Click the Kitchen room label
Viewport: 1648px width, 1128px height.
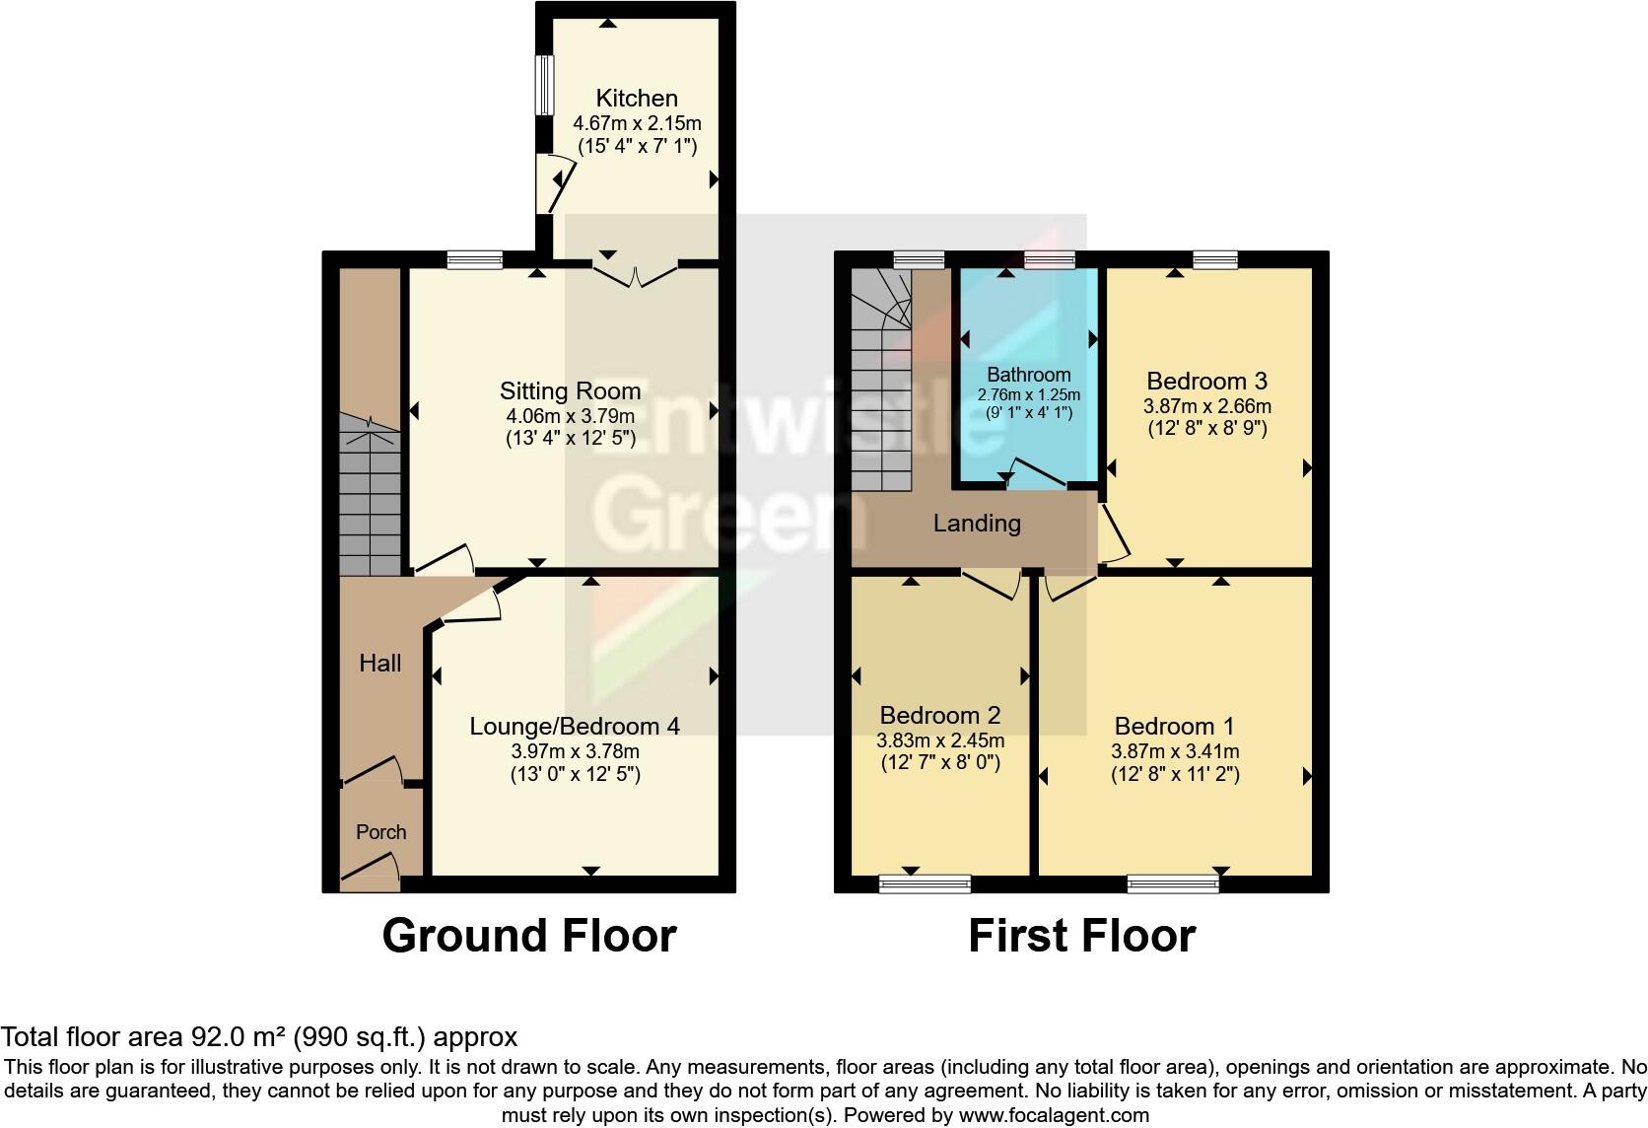click(x=637, y=98)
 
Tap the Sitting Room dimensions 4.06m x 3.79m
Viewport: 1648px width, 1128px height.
click(x=569, y=416)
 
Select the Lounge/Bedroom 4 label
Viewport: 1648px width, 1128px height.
click(x=575, y=727)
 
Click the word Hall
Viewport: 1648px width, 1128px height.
click(x=379, y=664)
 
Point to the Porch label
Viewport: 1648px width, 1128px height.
click(x=380, y=832)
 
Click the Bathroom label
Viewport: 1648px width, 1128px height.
click(x=1028, y=375)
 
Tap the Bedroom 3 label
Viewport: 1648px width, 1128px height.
click(x=1206, y=382)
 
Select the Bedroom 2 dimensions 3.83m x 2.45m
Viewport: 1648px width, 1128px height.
click(x=940, y=740)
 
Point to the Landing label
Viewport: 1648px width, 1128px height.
click(x=977, y=524)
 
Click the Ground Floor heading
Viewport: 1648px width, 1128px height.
click(x=529, y=936)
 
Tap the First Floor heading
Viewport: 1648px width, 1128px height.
click(x=1081, y=936)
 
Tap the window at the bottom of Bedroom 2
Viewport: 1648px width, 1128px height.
click(x=925, y=883)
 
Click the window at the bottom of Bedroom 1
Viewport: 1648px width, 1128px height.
click(x=1173, y=883)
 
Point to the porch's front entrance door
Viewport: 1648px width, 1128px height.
click(x=371, y=872)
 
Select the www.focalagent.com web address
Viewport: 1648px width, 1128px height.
click(x=1054, y=1116)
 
